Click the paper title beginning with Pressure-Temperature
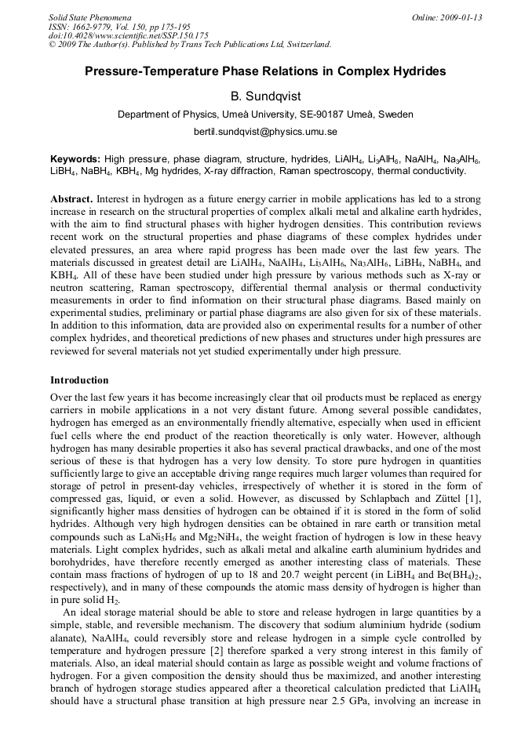(265, 71)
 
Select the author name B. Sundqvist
(265, 96)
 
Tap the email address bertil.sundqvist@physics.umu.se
(265, 131)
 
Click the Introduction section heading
(79, 380)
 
